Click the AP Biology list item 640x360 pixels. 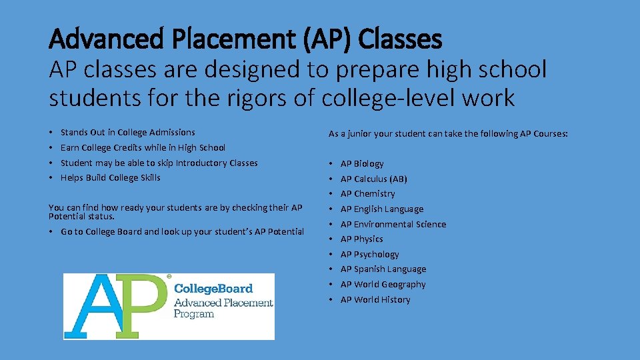click(x=362, y=163)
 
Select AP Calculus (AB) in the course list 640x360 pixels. click(x=373, y=179)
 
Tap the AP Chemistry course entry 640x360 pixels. click(x=367, y=193)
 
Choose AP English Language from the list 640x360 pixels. click(x=381, y=209)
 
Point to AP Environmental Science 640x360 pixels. click(x=393, y=224)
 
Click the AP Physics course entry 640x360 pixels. click(x=361, y=239)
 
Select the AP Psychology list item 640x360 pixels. click(x=369, y=254)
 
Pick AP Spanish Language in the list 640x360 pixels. click(x=383, y=269)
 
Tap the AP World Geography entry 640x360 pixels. click(x=383, y=284)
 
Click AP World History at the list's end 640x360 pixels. click(x=375, y=299)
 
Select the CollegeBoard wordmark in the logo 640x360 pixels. click(x=213, y=289)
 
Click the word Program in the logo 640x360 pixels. click(x=194, y=314)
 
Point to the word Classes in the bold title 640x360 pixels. click(x=400, y=40)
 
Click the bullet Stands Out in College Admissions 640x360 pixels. click(x=128, y=132)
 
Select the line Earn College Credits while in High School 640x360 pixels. click(x=143, y=147)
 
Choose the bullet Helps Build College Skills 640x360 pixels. click(x=110, y=177)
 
